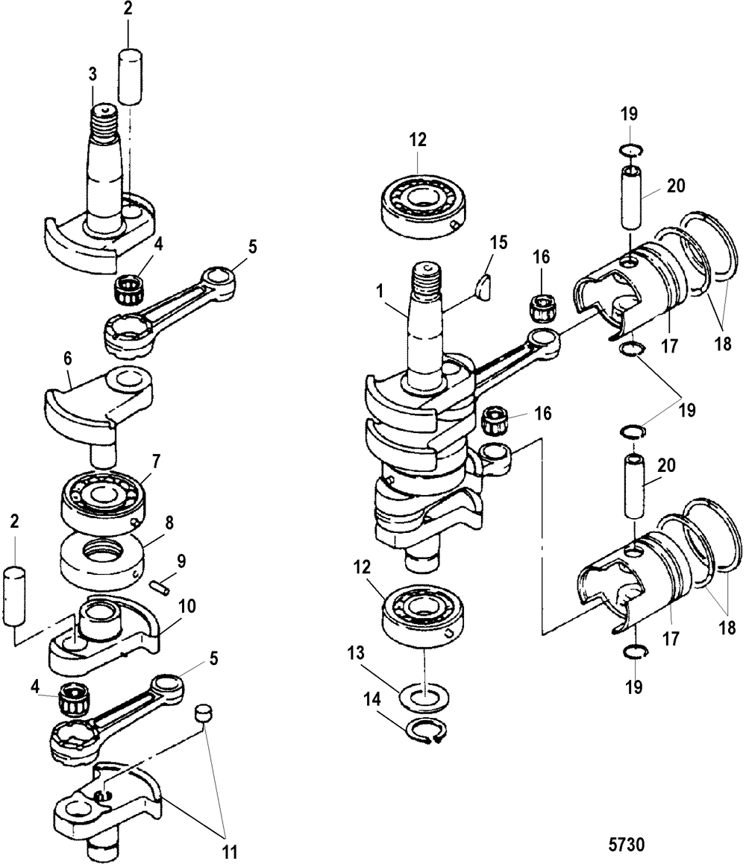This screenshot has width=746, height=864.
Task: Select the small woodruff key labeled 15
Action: (484, 287)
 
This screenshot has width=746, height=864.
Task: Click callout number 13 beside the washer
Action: (356, 653)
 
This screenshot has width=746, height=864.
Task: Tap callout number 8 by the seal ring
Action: (169, 522)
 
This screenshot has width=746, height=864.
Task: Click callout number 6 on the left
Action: (67, 359)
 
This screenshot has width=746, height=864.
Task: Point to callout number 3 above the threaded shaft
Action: (92, 74)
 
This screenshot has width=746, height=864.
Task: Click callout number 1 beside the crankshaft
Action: (379, 291)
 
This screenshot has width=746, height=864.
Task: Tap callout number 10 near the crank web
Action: (187, 607)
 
